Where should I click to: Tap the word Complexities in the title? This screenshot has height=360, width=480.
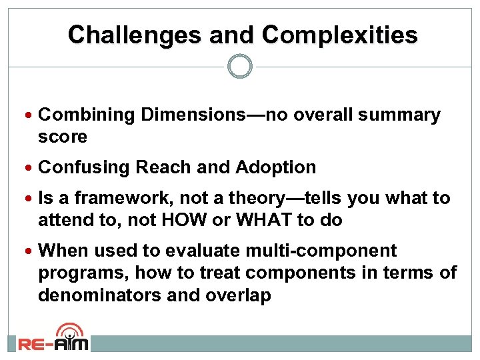coord(340,35)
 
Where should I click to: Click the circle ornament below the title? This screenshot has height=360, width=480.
coord(240,67)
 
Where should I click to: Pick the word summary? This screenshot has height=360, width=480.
coord(399,115)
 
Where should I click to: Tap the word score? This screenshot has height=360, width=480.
coord(63,137)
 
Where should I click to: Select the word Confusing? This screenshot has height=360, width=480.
coord(84,167)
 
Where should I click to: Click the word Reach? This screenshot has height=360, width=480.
coord(160,167)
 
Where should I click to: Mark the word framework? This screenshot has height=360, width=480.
coord(123,198)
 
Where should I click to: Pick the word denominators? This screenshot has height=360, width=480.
coord(95,295)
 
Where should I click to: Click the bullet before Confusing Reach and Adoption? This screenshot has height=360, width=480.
coord(32,167)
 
